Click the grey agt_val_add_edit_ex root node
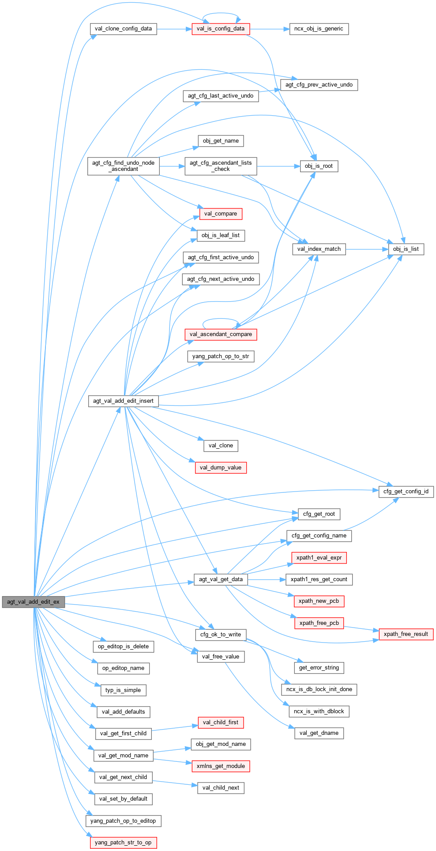33,601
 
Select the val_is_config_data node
221,29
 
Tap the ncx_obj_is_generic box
319,29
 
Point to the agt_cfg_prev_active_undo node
319,85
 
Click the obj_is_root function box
319,166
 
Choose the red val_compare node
221,214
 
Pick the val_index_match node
319,249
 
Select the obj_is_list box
406,249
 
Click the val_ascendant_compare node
221,334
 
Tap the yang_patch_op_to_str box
221,356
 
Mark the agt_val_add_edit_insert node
123,401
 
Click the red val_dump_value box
221,468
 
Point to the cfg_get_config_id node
406,492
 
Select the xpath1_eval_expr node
319,558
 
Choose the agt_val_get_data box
221,579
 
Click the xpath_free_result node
406,634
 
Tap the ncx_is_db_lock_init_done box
319,689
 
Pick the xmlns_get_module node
221,766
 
